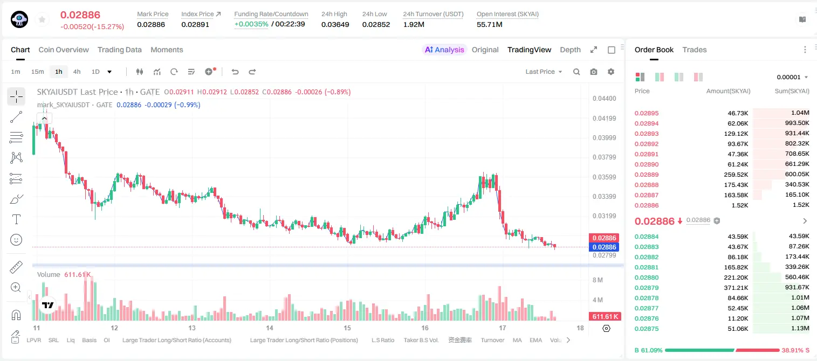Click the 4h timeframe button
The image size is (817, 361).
coord(77,72)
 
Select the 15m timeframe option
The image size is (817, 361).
coord(38,72)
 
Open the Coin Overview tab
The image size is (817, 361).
coord(64,50)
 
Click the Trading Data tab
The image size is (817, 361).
coord(120,50)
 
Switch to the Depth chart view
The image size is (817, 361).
coord(571,50)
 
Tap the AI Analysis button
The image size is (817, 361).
coord(444,50)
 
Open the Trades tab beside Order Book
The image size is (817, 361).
coord(695,50)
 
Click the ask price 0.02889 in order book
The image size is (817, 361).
coord(647,175)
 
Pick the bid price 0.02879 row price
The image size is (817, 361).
coord(647,288)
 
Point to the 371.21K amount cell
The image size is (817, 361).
coord(736,288)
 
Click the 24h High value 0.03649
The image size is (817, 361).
coord(335,24)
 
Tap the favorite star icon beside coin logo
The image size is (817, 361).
coord(42,20)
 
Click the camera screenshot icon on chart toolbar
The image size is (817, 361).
coord(594,72)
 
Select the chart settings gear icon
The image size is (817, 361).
coord(611,72)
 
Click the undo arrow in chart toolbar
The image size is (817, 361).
coord(235,72)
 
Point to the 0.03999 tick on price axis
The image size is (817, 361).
coord(605,138)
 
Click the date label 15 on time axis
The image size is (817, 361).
coord(347,328)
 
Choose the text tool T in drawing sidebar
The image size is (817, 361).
coord(16,219)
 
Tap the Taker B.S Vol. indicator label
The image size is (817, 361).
coord(421,340)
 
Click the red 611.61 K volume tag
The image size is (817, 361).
coord(605,317)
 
